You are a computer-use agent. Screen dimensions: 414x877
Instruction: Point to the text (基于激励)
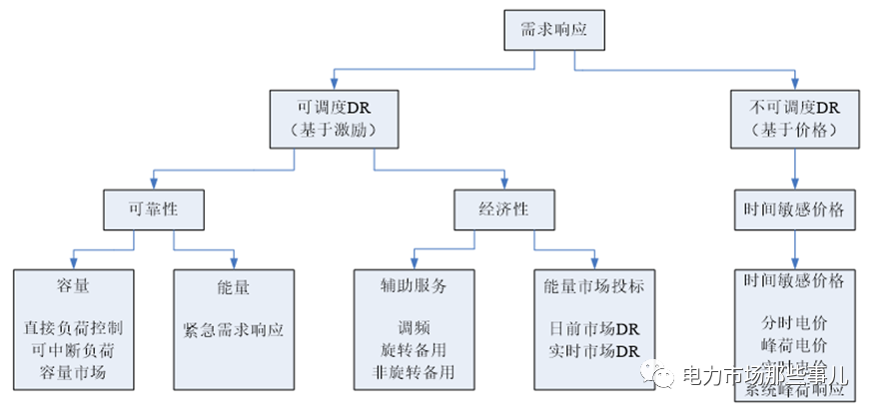click(x=333, y=130)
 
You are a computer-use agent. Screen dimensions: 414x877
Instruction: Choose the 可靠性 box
click(x=153, y=210)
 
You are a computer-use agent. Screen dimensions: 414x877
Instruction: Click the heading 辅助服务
click(x=414, y=284)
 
